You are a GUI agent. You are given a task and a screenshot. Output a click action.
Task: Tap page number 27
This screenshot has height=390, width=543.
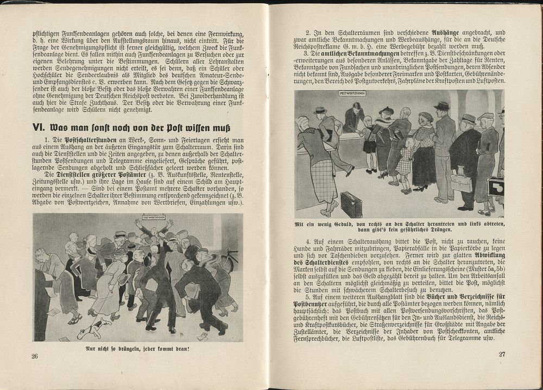pos(503,355)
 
